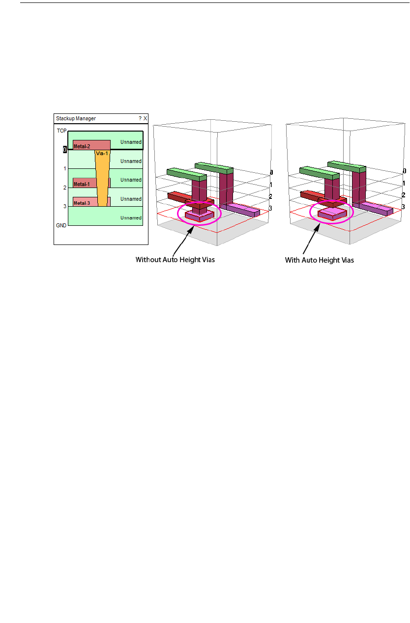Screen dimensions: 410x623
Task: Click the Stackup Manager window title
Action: coord(76,118)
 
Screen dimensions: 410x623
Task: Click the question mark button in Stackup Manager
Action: coord(140,118)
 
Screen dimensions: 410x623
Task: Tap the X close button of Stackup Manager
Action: coord(145,118)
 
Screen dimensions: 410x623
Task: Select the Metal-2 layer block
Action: coord(91,145)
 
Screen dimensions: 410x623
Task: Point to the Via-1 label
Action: coord(102,153)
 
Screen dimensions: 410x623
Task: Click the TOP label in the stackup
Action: coord(61,131)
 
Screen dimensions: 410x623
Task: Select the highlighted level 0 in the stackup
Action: coord(64,150)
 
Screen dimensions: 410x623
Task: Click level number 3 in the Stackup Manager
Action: coord(64,206)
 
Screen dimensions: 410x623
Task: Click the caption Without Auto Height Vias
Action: coord(175,260)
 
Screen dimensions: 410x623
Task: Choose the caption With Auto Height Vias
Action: coord(320,260)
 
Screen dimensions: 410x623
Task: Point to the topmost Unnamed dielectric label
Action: coord(131,142)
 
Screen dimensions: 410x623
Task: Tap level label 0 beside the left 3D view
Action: coord(271,172)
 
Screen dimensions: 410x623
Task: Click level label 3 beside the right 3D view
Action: coord(403,207)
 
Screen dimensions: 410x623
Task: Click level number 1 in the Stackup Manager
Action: coord(64,168)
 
